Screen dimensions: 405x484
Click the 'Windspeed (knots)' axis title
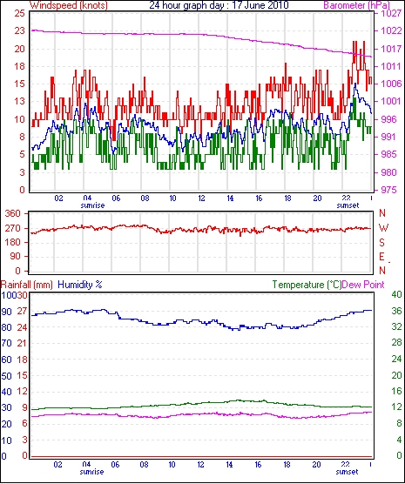coord(69,5)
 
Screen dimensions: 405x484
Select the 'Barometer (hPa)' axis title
coord(356,5)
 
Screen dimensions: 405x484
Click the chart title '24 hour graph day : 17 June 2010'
coord(219,5)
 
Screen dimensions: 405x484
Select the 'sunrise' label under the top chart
coord(92,205)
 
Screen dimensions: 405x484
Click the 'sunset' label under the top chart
coord(348,205)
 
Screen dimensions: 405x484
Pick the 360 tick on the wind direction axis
coord(13,213)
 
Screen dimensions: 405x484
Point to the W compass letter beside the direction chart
coord(383,228)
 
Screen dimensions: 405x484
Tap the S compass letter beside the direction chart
coord(382,243)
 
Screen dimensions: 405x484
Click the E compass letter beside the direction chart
coord(381,257)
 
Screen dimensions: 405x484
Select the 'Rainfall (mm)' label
coord(27,285)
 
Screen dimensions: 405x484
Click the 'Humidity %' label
coord(80,285)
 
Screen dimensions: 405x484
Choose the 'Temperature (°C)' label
coord(307,285)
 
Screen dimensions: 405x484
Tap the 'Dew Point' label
coord(363,285)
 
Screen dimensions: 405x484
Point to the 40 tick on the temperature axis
coord(396,294)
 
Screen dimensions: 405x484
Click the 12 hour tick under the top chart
coord(201,198)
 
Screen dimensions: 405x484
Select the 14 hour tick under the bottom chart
coord(230,464)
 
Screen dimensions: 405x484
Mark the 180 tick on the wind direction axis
coord(13,242)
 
